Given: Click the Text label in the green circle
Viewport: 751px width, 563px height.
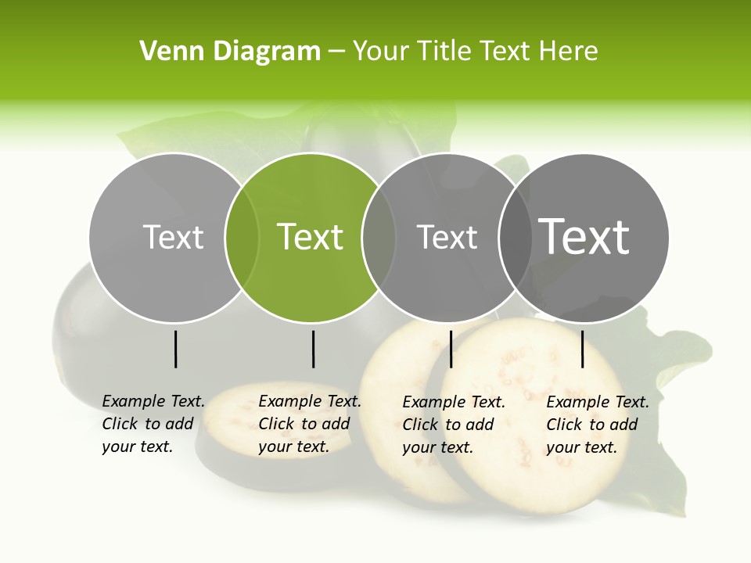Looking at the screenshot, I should (x=311, y=237).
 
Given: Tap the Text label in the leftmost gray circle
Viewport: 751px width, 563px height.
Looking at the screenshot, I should (x=174, y=237).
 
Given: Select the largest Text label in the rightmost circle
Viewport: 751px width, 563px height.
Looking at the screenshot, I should (x=584, y=237).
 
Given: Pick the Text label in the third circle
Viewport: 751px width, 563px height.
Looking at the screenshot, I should (x=447, y=237).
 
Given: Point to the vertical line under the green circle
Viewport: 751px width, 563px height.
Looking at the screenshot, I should (x=313, y=349).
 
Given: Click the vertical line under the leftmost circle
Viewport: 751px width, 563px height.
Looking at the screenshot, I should (x=175, y=349).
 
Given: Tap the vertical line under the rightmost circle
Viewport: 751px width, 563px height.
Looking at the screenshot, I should (x=582, y=349).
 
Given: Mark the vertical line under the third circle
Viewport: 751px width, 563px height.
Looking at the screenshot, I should (x=451, y=349).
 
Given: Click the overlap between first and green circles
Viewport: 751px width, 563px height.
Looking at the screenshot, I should (x=242, y=238).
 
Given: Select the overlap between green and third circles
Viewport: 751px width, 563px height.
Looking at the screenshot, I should (x=379, y=238).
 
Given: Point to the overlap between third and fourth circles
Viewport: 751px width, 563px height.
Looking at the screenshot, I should (x=514, y=238).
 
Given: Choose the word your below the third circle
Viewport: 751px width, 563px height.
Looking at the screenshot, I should (x=419, y=447).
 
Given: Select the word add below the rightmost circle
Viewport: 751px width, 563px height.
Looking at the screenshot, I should (x=623, y=425).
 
